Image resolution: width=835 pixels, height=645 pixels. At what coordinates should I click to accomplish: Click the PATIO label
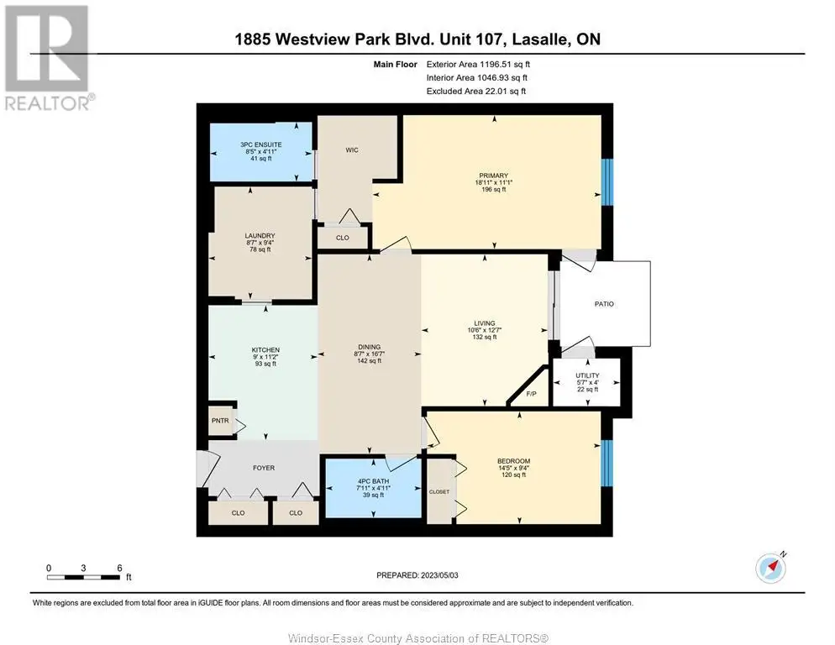pyautogui.click(x=604, y=303)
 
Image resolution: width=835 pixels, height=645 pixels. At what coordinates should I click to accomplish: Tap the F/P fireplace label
pyautogui.click(x=531, y=394)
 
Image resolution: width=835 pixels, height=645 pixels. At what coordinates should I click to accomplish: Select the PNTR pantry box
pyautogui.click(x=220, y=420)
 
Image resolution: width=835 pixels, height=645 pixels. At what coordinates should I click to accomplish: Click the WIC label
pyautogui.click(x=352, y=150)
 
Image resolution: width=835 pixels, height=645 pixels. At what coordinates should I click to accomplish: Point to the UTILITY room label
pyautogui.click(x=587, y=375)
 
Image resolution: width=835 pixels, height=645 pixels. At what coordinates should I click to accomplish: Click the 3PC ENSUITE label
pyautogui.click(x=261, y=144)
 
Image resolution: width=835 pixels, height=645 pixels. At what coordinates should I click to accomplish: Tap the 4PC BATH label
pyautogui.click(x=373, y=481)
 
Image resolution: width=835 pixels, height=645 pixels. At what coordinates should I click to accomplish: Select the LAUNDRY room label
pyautogui.click(x=260, y=235)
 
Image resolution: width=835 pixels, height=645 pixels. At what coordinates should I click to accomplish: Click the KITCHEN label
pyautogui.click(x=265, y=350)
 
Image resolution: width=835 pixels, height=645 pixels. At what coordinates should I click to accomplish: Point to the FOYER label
pyautogui.click(x=264, y=468)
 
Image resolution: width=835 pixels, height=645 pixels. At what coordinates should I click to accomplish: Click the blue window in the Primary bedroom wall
pyautogui.click(x=607, y=181)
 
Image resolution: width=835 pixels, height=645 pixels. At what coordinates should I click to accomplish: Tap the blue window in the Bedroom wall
pyautogui.click(x=607, y=463)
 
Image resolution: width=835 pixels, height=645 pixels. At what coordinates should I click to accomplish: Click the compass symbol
pyautogui.click(x=770, y=568)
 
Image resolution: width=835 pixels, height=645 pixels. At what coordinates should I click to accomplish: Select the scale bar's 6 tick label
pyautogui.click(x=119, y=568)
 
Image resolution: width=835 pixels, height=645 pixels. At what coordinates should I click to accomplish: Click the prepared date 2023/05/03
pyautogui.click(x=439, y=575)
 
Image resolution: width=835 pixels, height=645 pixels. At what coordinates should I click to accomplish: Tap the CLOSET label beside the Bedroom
pyautogui.click(x=439, y=491)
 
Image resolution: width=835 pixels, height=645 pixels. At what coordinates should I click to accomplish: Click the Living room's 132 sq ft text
pyautogui.click(x=485, y=337)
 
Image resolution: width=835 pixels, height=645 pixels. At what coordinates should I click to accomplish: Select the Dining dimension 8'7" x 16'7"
pyautogui.click(x=369, y=354)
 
